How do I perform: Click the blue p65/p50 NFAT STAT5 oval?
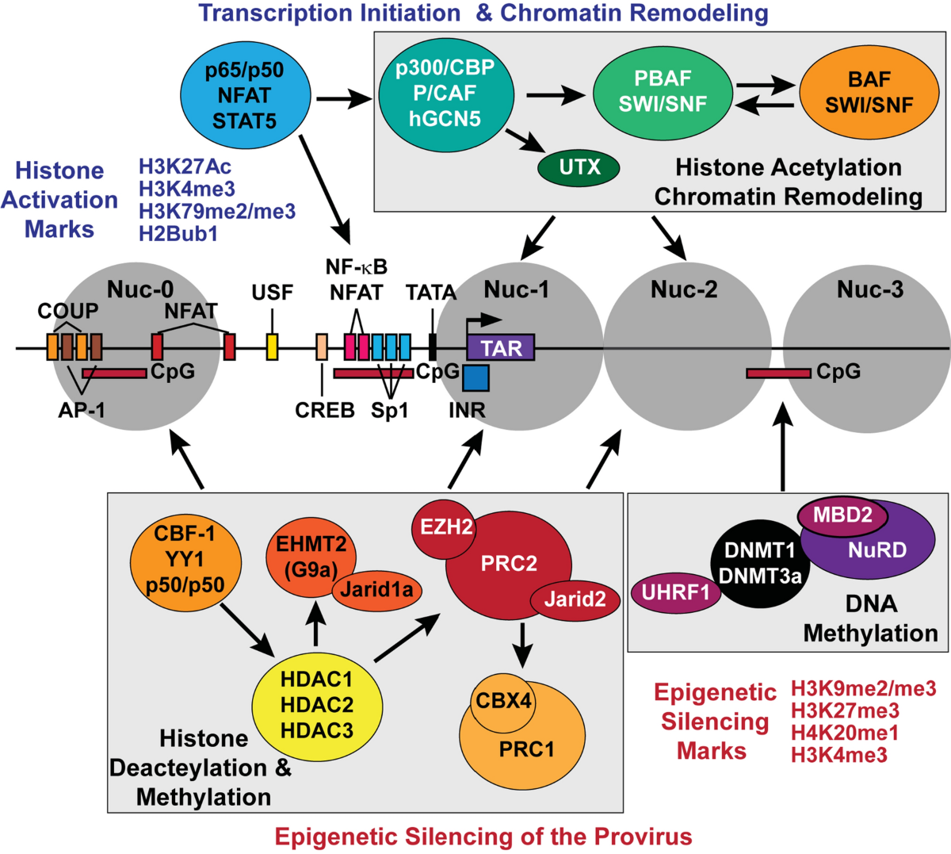point(244,96)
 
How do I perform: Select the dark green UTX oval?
point(579,167)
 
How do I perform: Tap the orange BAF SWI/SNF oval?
point(869,93)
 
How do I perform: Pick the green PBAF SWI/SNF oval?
point(663,92)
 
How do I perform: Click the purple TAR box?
point(501,347)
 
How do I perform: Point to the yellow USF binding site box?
point(272,347)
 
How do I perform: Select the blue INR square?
point(475,377)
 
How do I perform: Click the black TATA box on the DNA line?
point(432,347)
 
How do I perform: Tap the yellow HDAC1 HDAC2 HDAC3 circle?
point(317,705)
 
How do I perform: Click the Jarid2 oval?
point(575,599)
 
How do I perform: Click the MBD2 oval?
point(842,515)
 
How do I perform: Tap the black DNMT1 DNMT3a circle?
point(760,564)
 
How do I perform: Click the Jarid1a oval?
point(376,589)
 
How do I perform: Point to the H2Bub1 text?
point(178,233)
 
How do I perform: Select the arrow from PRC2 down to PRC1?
point(521,642)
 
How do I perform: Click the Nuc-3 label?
point(869,290)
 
